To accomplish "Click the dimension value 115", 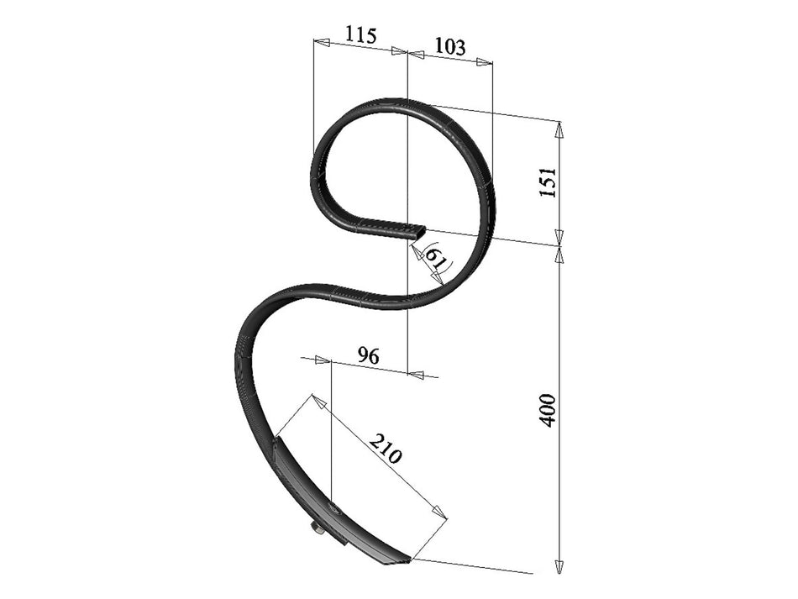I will click(x=361, y=35).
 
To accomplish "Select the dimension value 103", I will click(x=450, y=46).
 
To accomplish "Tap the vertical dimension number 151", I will click(x=548, y=182).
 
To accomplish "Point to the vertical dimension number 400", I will click(x=548, y=409).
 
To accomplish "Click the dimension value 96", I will click(x=368, y=355).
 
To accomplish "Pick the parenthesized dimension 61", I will click(x=436, y=256).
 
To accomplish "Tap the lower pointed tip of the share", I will click(x=408, y=560).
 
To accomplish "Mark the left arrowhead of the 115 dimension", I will click(x=321, y=40).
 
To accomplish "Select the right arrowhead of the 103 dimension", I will click(x=484, y=61).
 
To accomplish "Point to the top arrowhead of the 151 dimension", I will click(x=559, y=129).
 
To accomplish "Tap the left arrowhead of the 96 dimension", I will click(x=323, y=360).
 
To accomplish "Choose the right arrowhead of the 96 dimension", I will click(x=415, y=374).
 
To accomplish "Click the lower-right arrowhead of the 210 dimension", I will click(x=439, y=512).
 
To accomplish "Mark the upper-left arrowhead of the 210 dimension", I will click(x=318, y=401).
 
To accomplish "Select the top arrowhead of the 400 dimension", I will click(x=559, y=255).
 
